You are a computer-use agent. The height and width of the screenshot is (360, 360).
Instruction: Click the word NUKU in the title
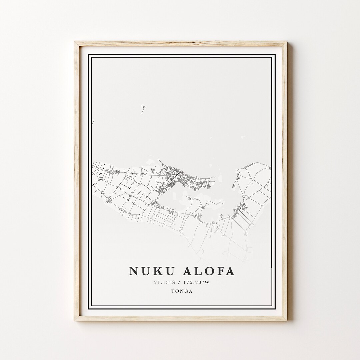(150, 271)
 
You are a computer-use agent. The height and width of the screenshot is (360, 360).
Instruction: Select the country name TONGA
(182, 291)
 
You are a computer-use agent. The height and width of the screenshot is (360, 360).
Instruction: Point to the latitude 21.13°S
(164, 283)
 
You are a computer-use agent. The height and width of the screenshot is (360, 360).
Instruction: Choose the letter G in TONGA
(186, 291)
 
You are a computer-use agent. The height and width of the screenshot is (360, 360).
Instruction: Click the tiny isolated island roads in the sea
(144, 108)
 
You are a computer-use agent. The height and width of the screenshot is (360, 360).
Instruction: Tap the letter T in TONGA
(173, 291)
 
